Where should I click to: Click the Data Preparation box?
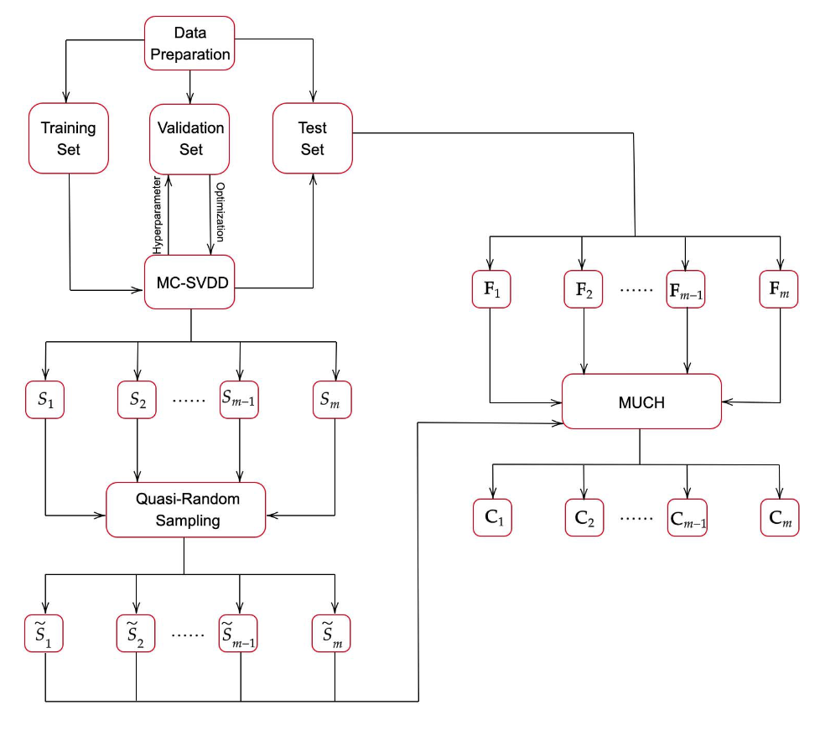click(x=190, y=44)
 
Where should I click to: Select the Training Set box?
click(x=69, y=138)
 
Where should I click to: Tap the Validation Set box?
click(x=190, y=138)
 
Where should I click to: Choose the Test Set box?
click(x=313, y=138)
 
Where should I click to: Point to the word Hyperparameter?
click(x=158, y=215)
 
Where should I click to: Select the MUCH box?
click(x=641, y=402)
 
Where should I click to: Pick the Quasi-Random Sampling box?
click(x=187, y=510)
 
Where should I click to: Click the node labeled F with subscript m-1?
click(x=686, y=290)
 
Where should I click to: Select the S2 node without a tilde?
click(x=137, y=400)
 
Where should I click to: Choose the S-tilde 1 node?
click(x=44, y=635)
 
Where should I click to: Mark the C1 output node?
click(x=491, y=517)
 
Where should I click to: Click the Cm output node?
click(x=780, y=517)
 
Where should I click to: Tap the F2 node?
click(x=583, y=290)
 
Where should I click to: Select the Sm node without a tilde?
click(x=333, y=400)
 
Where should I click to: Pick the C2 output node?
click(x=583, y=517)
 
